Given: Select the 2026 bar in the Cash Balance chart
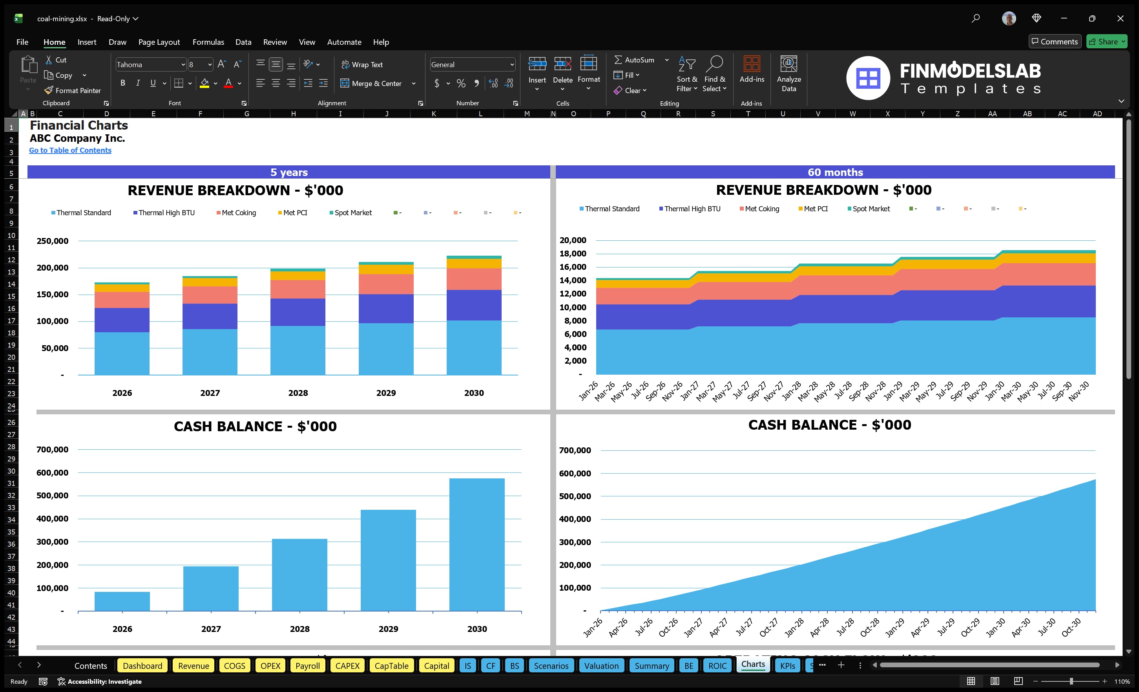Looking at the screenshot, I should (x=122, y=601).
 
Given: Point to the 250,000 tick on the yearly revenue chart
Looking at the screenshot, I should (x=52, y=241).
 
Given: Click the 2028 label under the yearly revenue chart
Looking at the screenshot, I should (x=298, y=393).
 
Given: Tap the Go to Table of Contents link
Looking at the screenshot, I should (x=70, y=150).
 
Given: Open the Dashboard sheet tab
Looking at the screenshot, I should (x=142, y=666).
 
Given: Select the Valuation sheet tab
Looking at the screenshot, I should (x=601, y=666).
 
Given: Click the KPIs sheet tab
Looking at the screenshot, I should (x=787, y=666).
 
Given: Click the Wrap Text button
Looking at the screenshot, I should (x=362, y=65).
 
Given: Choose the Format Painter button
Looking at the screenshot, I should (x=73, y=91).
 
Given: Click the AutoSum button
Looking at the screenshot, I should (x=634, y=60).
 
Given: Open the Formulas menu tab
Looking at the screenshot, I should (x=208, y=42).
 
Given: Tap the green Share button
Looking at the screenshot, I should (x=1106, y=42).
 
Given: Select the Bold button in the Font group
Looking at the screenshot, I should (x=122, y=83).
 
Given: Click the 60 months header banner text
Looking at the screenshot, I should (x=835, y=172).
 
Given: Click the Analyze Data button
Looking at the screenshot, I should (x=789, y=74).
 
